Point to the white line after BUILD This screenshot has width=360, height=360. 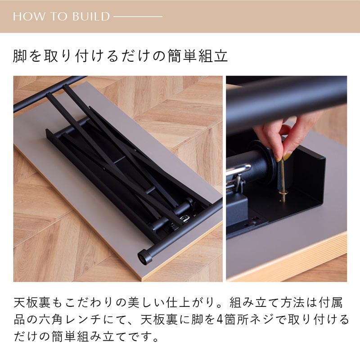tap(138, 17)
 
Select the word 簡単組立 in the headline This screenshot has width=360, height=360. tap(198, 56)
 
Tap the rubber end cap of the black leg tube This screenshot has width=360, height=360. tap(144, 257)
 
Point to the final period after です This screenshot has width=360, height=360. tap(156, 339)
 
